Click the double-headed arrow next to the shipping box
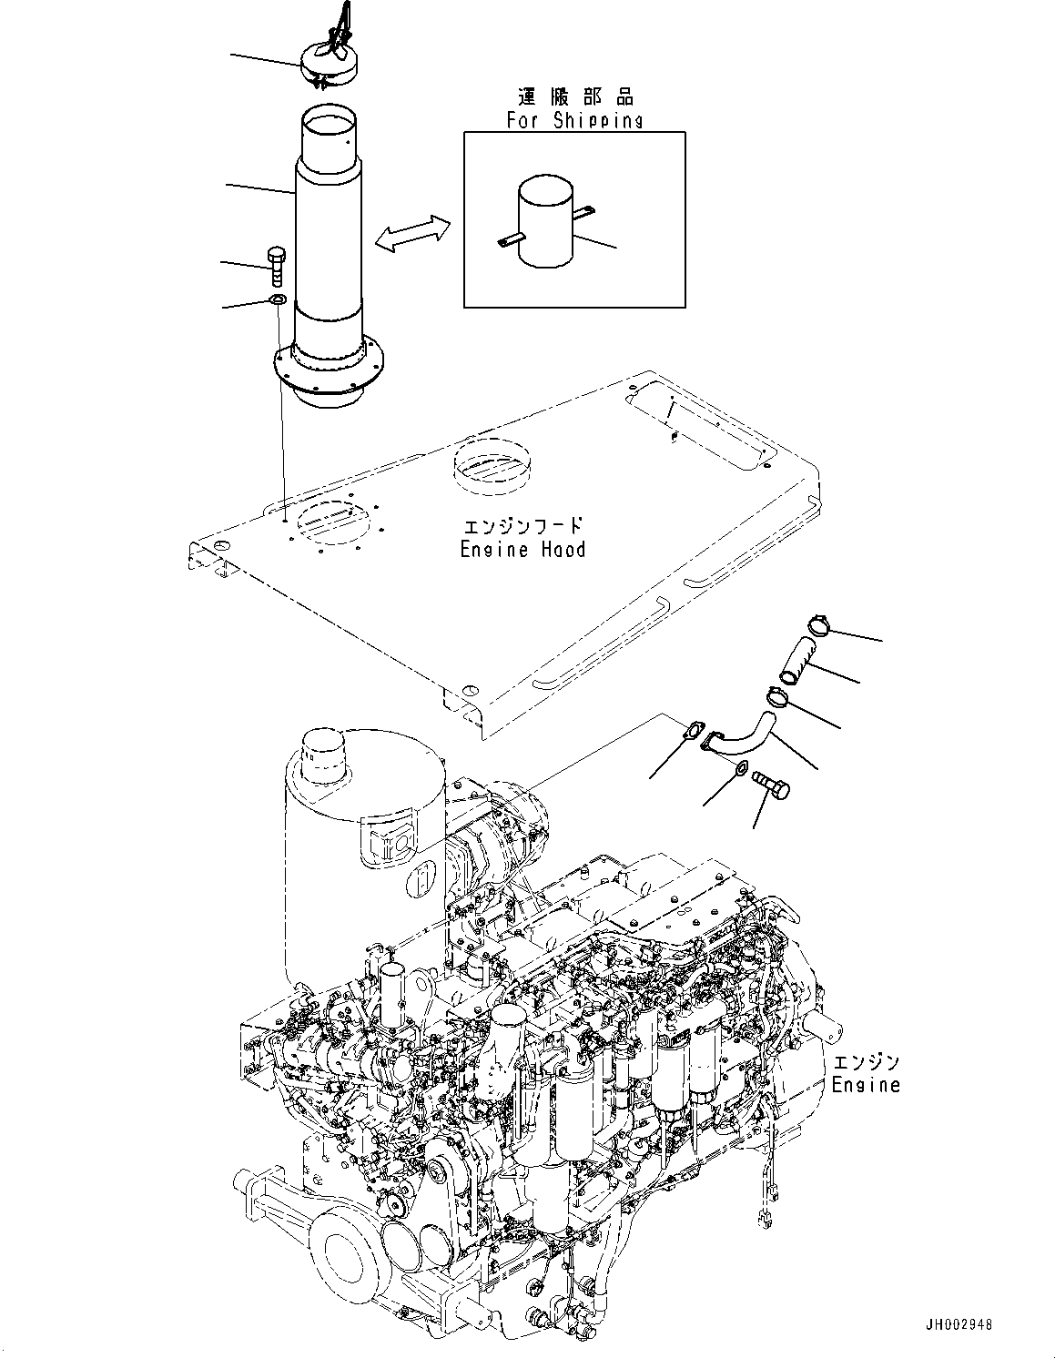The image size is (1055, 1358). click(412, 233)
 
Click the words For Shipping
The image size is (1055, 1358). click(574, 120)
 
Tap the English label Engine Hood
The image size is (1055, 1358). click(522, 549)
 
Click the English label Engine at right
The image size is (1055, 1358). click(865, 1085)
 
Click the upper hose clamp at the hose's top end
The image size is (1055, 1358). click(819, 624)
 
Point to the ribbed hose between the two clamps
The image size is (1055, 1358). click(797, 662)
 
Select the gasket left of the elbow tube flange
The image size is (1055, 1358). click(695, 730)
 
